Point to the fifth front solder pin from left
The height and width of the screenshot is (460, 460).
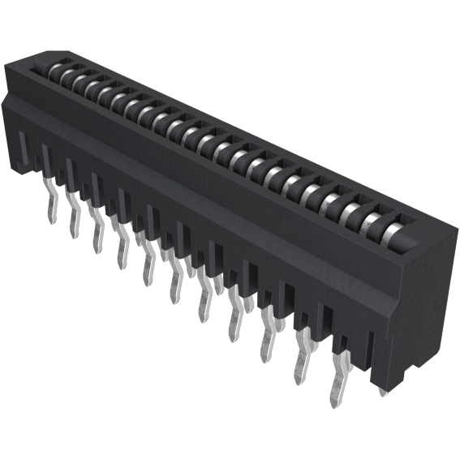tap(148, 267)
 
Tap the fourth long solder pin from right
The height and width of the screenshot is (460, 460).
tap(234, 320)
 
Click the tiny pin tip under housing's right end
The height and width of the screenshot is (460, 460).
tap(383, 391)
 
